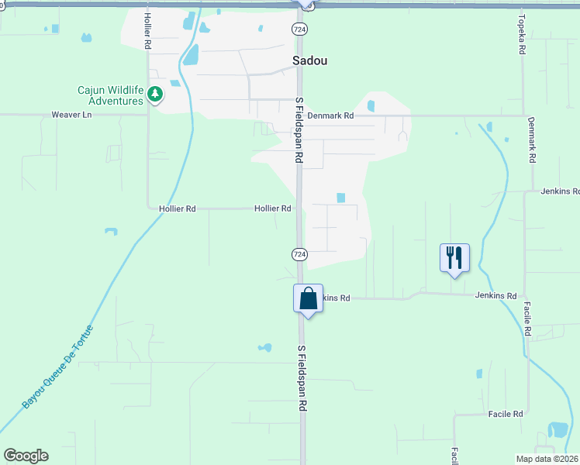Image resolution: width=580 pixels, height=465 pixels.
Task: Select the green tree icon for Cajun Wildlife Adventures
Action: tap(156, 95)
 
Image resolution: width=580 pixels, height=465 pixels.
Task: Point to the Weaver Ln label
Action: tap(71, 115)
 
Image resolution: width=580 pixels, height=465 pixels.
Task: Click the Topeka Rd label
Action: tap(523, 36)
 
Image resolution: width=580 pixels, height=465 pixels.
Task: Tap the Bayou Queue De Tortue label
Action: tap(57, 367)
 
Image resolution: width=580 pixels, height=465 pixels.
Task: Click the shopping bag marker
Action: tap(308, 298)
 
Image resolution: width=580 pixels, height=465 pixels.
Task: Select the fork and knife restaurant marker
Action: tap(454, 257)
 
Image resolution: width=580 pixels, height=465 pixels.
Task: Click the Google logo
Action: tap(26, 456)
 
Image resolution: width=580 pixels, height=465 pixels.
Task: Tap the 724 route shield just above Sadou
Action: tap(299, 29)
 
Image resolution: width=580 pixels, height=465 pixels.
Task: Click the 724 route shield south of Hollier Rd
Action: tap(299, 254)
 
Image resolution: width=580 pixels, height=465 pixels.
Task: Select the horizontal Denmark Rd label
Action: tap(330, 115)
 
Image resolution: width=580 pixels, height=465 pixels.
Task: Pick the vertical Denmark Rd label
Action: tap(532, 139)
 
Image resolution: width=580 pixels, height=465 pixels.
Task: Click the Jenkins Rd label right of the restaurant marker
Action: tap(496, 296)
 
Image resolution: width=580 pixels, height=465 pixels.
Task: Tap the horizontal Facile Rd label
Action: tap(506, 415)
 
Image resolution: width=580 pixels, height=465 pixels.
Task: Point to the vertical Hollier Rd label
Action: tap(147, 32)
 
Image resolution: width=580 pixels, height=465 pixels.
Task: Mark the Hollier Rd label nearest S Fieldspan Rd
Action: tap(273, 208)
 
